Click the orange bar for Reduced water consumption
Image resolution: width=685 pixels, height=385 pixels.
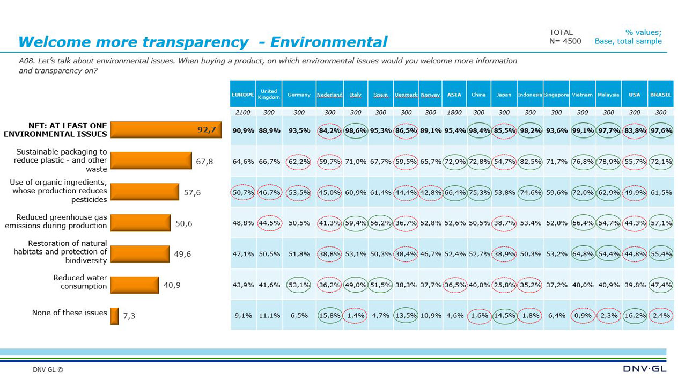pyautogui.click(x=135, y=285)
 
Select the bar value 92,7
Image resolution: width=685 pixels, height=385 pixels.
pyautogui.click(x=207, y=129)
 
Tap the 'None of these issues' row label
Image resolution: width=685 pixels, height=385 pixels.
pyautogui.click(x=69, y=313)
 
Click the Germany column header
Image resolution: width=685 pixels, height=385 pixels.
pyautogui.click(x=299, y=95)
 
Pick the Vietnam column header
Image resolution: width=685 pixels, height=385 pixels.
pyautogui.click(x=583, y=95)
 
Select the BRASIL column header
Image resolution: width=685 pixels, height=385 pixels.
pyautogui.click(x=661, y=95)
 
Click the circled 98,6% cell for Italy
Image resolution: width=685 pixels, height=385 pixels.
pyautogui.click(x=356, y=130)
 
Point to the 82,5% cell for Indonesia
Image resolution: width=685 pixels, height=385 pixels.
pyautogui.click(x=530, y=161)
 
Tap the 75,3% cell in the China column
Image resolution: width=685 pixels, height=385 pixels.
pyautogui.click(x=478, y=192)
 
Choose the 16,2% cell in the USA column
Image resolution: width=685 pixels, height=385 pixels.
pyautogui.click(x=635, y=316)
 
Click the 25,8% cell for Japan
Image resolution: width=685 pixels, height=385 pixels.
pyautogui.click(x=504, y=285)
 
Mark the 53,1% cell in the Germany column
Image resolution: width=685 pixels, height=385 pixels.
pyautogui.click(x=299, y=285)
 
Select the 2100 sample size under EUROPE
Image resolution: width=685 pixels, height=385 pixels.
pyautogui.click(x=243, y=113)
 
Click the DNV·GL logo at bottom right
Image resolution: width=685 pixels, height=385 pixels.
pyautogui.click(x=645, y=369)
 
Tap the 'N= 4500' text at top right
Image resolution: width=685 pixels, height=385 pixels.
pyautogui.click(x=565, y=41)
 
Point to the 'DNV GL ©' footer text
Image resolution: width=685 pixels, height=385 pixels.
pyautogui.click(x=48, y=369)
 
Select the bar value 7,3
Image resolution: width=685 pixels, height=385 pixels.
pyautogui.click(x=129, y=316)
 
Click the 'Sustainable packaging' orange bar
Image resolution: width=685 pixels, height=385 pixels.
pyautogui.click(x=151, y=161)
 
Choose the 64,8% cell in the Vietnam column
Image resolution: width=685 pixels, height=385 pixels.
pyautogui.click(x=583, y=254)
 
